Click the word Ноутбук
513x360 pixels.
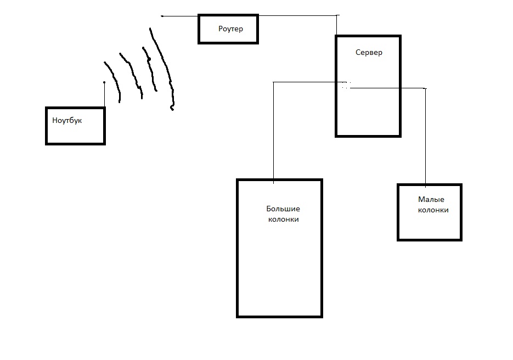tap(67, 120)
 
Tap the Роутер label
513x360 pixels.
tap(230, 29)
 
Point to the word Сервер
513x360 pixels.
tap(369, 53)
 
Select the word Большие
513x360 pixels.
tap(283, 209)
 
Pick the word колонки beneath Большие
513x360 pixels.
tap(283, 219)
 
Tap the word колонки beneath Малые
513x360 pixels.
tap(433, 210)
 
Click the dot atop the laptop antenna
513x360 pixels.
tap(104, 83)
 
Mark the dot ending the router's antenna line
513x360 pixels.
tap(162, 16)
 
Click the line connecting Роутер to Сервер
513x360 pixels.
tap(296, 16)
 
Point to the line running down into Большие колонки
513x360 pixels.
tap(273, 132)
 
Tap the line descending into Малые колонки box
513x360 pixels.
tap(426, 137)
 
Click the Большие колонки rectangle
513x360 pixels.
tap(279, 263)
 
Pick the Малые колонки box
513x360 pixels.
tap(430, 225)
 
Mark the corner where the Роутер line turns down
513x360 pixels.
tap(336, 16)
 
